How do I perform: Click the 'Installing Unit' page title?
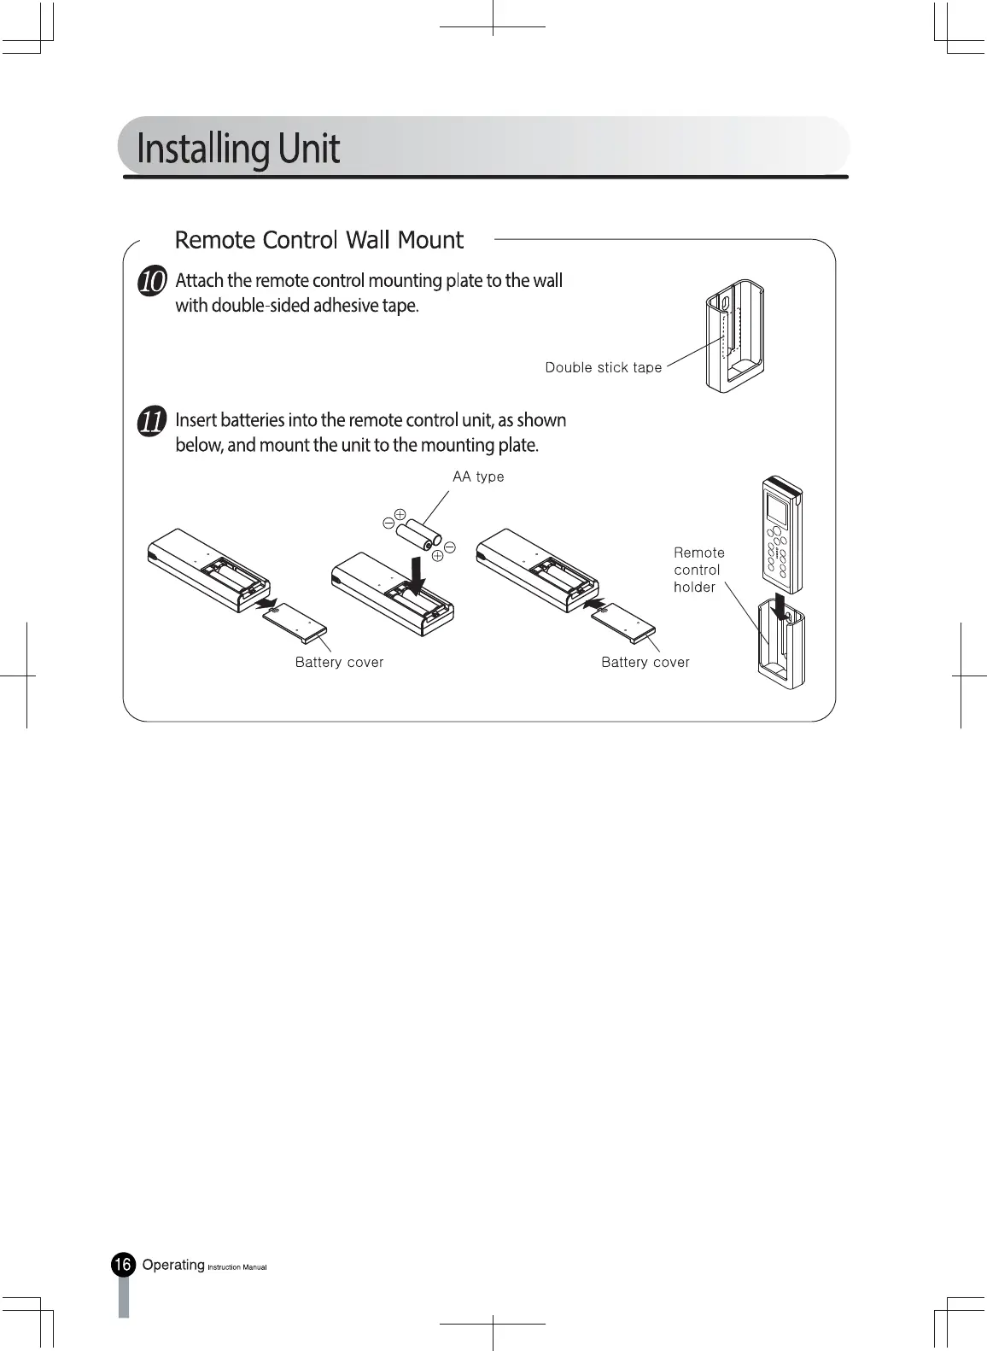coord(238,149)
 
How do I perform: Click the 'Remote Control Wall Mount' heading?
coord(318,240)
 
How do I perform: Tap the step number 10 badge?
coord(152,282)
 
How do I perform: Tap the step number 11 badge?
coord(152,422)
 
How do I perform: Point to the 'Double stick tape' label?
coord(604,368)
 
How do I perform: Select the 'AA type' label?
coord(478,477)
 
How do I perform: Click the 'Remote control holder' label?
coord(698,570)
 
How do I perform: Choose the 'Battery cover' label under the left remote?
coord(339,663)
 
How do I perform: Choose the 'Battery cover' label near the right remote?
coord(645,663)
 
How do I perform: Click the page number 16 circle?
coord(123,1265)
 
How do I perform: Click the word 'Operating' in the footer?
coord(173,1265)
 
